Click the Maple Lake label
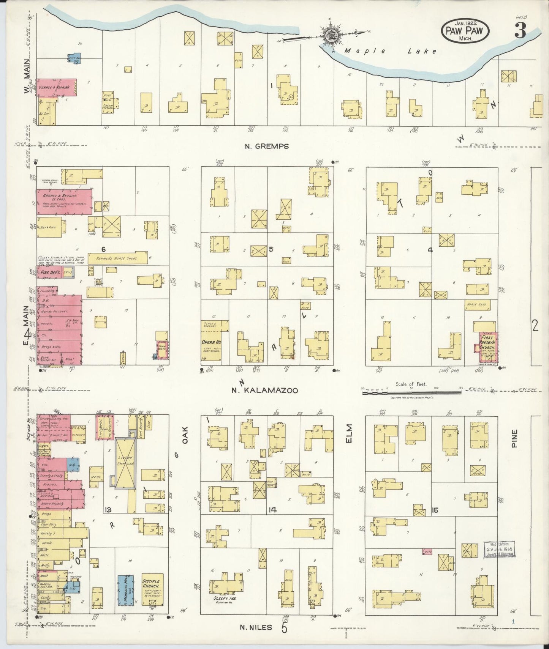coord(390,51)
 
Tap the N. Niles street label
coord(256,627)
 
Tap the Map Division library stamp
coord(498,550)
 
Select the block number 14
coord(272,510)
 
